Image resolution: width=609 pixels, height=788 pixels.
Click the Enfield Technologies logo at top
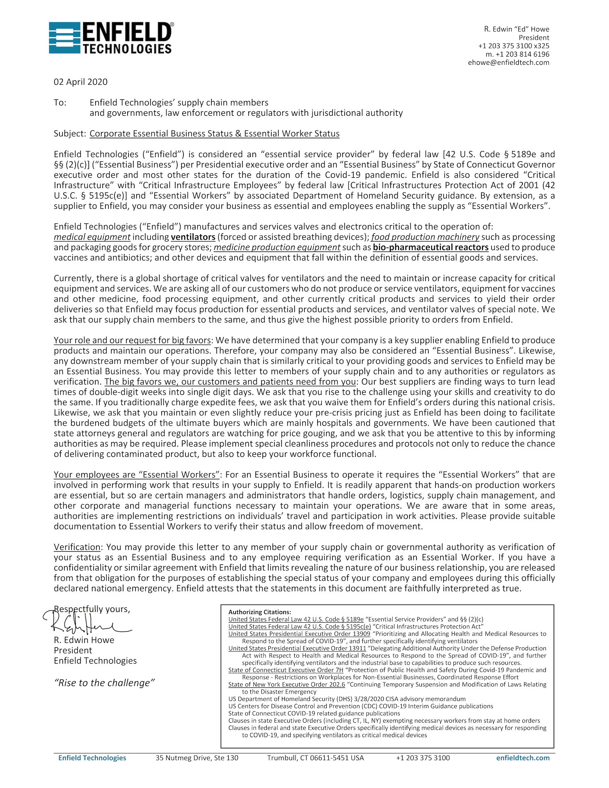(x=111, y=38)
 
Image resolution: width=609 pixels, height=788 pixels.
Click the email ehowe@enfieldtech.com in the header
(x=508, y=62)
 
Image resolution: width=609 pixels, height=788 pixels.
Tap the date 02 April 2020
(x=80, y=82)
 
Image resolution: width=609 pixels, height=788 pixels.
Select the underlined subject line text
(x=214, y=133)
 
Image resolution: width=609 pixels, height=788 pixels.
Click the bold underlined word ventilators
(x=193, y=237)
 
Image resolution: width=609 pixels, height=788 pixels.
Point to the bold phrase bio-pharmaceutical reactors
(x=430, y=247)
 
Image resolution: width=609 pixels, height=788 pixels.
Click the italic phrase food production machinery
(x=425, y=237)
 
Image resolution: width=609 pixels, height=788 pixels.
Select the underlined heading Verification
(x=77, y=547)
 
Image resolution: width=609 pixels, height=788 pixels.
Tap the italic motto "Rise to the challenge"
(x=104, y=683)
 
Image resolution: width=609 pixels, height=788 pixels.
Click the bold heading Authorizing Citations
(x=259, y=612)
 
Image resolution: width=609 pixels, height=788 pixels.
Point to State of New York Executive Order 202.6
(x=286, y=684)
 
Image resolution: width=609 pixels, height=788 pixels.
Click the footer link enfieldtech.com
(x=522, y=758)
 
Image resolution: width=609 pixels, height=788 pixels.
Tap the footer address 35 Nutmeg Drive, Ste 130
(x=197, y=758)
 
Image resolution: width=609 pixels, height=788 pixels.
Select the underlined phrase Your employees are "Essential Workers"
(x=137, y=474)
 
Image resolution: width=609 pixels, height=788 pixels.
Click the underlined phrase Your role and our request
(x=132, y=340)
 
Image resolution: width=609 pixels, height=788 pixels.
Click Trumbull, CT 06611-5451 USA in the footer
(x=315, y=758)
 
